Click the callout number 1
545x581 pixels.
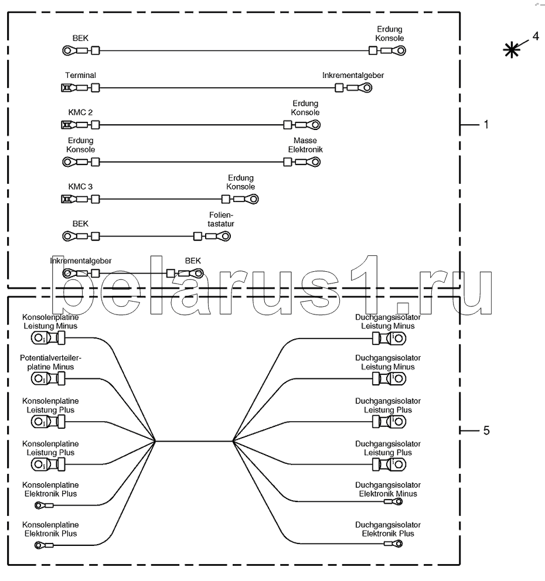[486, 125]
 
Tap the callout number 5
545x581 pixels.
[486, 430]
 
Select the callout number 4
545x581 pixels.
[536, 36]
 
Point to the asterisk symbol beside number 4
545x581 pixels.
[512, 50]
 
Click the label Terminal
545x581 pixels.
[80, 75]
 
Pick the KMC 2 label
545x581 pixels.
[80, 112]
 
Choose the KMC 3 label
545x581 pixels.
[80, 186]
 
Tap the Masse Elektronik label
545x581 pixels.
[305, 145]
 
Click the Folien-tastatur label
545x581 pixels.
[221, 219]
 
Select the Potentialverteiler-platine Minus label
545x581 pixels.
[50, 363]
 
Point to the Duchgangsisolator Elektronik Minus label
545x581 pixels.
[388, 489]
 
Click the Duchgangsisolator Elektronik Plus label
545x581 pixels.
[388, 529]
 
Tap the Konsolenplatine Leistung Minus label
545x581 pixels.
[50, 322]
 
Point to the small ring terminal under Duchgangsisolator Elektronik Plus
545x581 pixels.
[393, 544]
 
